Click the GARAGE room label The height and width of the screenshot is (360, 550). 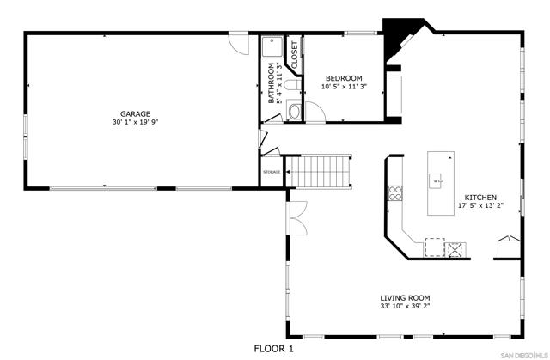tap(136, 114)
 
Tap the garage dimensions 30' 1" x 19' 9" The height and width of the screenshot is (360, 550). tap(136, 122)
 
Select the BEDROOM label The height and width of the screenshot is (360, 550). tap(344, 78)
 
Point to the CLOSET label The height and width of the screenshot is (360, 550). tap(294, 55)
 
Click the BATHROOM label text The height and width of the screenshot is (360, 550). tap(272, 82)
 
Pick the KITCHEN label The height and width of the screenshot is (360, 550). tap(480, 198)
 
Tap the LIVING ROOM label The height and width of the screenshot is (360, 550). tap(405, 298)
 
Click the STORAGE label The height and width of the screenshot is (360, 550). tap(272, 172)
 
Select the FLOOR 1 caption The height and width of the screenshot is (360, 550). tap(273, 349)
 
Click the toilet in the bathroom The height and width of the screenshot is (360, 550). tap(292, 85)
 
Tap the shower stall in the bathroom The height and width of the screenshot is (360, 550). tap(272, 46)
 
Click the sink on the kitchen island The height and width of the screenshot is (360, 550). tap(437, 181)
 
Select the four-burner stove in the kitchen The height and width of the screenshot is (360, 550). tap(395, 192)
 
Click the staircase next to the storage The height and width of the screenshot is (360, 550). tap(318, 172)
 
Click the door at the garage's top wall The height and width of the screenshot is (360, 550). tap(239, 43)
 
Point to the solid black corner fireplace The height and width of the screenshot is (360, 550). tap(400, 40)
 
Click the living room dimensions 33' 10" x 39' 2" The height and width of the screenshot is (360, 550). tap(405, 306)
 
